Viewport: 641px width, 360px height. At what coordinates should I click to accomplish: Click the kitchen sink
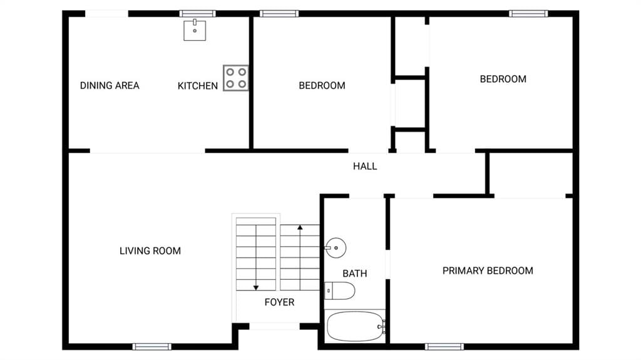[195, 30]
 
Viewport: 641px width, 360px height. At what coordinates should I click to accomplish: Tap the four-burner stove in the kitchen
[236, 78]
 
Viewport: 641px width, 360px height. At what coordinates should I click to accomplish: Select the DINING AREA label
[110, 86]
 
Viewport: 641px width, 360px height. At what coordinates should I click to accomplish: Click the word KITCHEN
[197, 86]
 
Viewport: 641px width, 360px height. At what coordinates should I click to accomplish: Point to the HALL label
[365, 166]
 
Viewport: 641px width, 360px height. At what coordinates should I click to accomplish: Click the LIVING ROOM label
[150, 251]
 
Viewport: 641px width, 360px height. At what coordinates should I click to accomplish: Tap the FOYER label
[279, 302]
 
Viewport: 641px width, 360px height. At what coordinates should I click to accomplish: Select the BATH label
[355, 274]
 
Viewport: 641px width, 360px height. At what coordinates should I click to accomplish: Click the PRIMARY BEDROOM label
[488, 271]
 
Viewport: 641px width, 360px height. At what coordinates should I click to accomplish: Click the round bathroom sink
[336, 247]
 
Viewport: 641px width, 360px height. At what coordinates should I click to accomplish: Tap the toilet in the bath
[339, 291]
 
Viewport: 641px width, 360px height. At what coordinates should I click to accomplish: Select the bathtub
[356, 326]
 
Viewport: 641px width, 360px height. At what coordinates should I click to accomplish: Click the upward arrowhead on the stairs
[300, 227]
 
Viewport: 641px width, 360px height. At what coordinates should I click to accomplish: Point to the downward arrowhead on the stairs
[256, 287]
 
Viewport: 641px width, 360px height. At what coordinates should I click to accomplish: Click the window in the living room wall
[152, 347]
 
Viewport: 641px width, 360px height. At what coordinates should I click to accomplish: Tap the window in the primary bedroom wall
[444, 347]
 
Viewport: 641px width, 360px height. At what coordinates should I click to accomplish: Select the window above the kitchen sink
[197, 14]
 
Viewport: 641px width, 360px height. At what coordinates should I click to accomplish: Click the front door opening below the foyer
[274, 326]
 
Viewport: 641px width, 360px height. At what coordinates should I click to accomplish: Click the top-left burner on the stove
[230, 72]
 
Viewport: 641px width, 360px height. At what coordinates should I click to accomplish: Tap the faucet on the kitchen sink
[195, 22]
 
